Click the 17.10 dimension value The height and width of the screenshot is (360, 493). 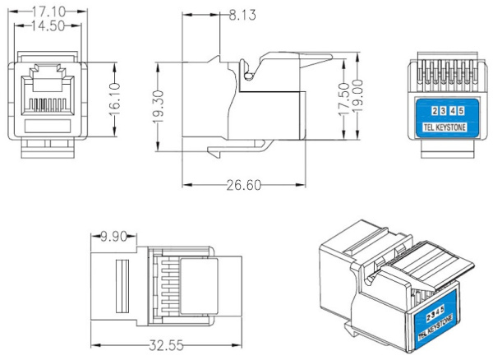[48, 12]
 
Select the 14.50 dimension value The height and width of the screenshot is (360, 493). [48, 26]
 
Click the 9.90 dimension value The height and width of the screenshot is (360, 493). [116, 238]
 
